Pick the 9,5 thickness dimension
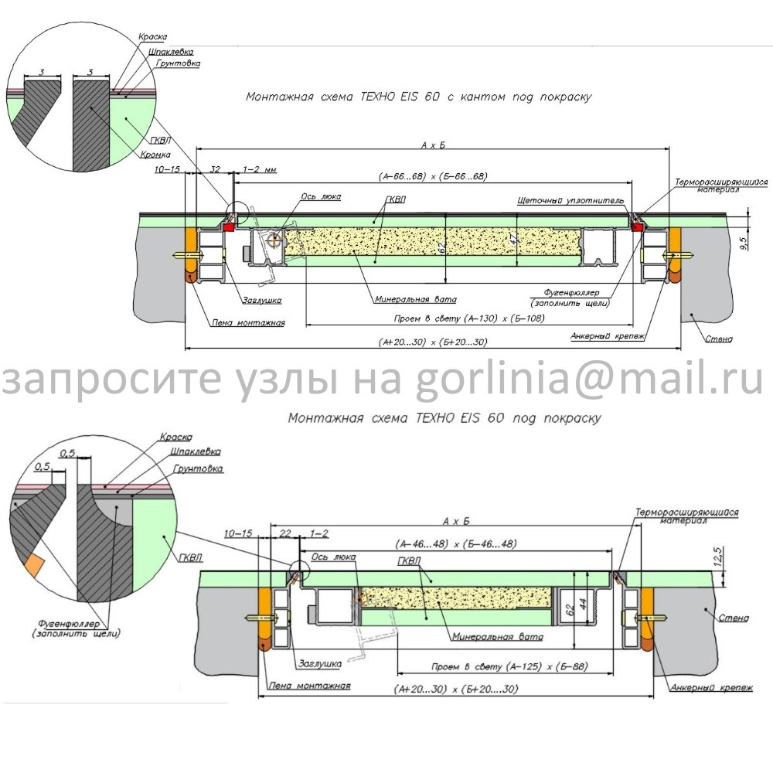[x=743, y=243]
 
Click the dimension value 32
[x=216, y=169]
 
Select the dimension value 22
[x=284, y=534]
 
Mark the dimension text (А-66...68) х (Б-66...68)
[x=433, y=176]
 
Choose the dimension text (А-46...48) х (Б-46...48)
[x=456, y=543]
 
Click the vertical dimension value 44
[x=586, y=603]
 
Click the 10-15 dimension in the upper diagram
[x=167, y=169]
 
